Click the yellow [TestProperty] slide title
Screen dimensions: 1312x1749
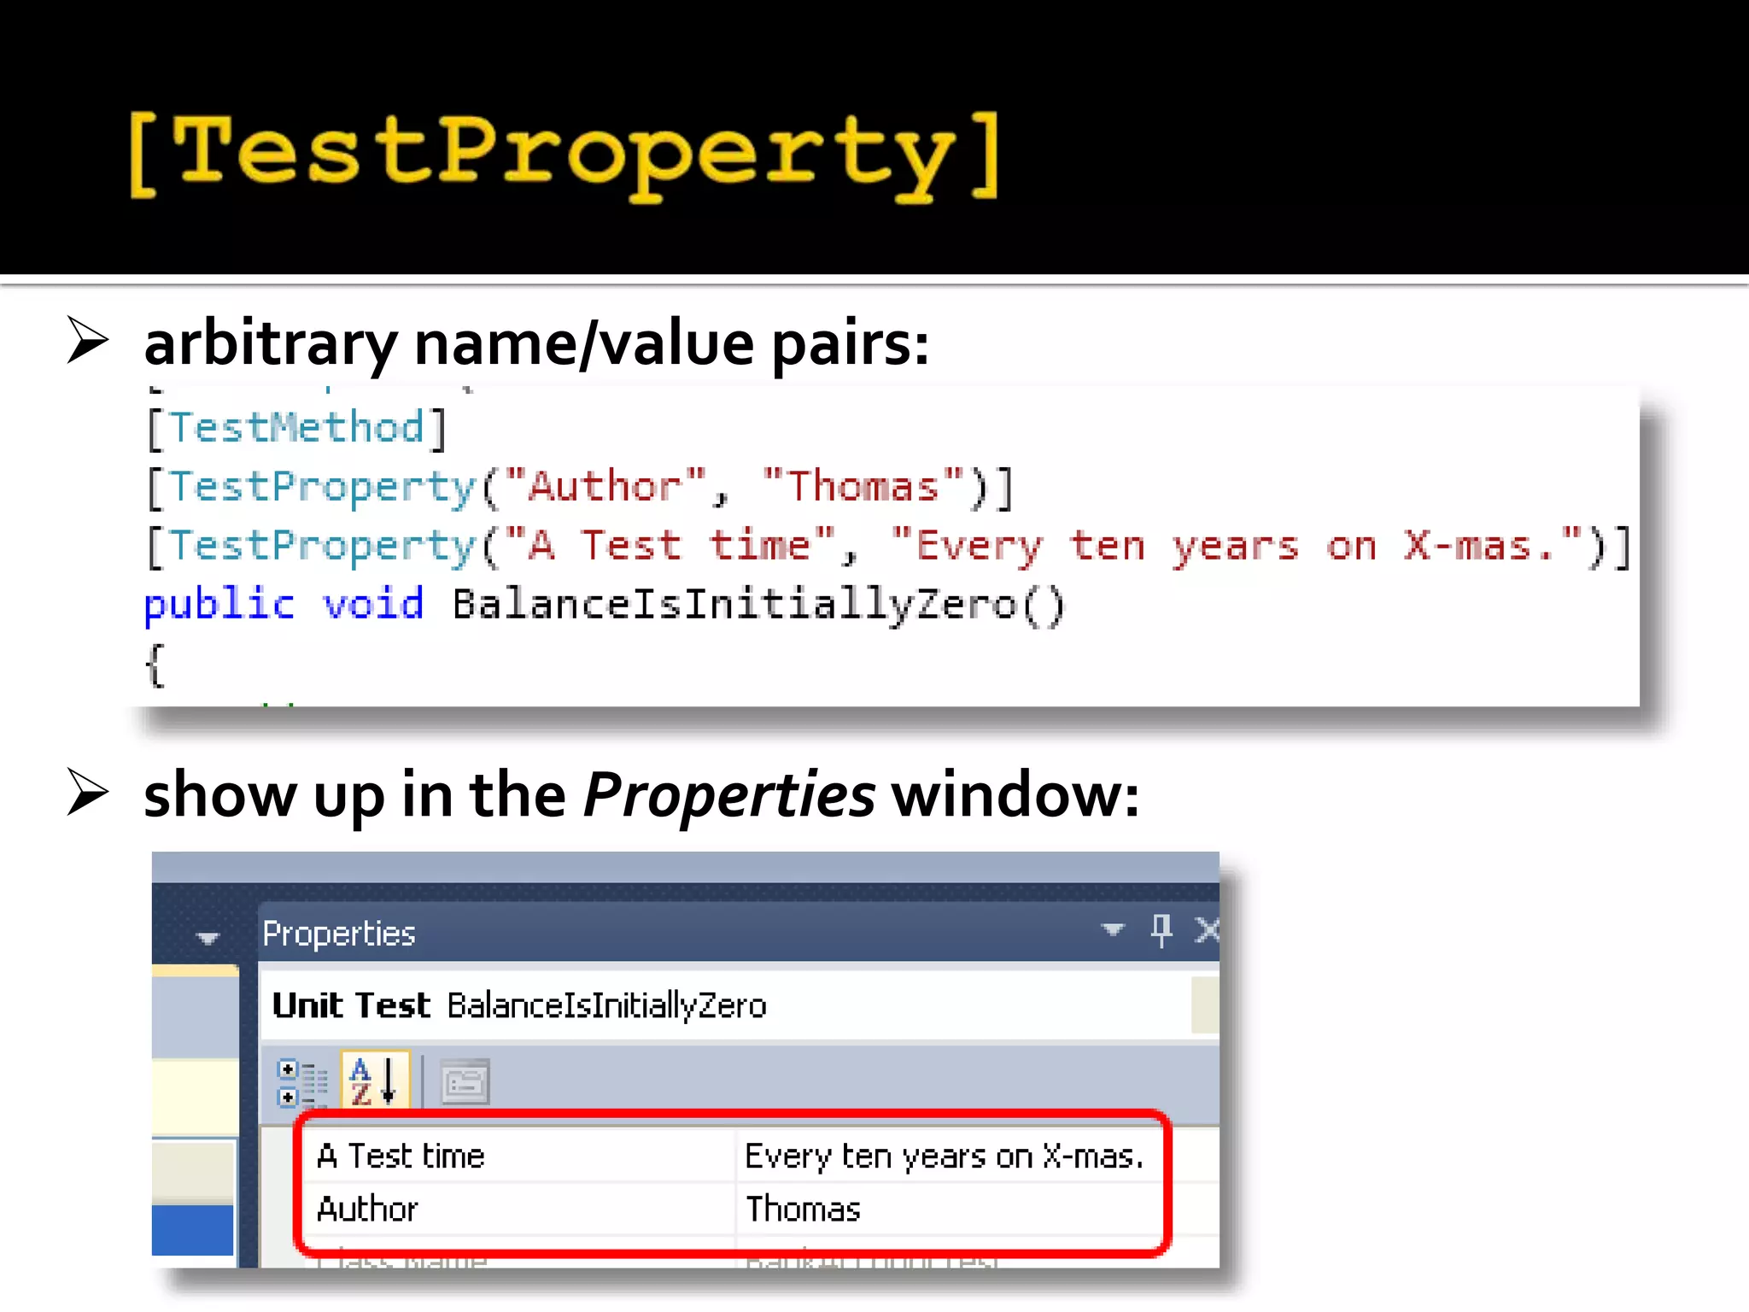pos(564,154)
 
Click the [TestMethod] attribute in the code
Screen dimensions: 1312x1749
pos(296,427)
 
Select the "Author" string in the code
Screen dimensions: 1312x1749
pos(605,486)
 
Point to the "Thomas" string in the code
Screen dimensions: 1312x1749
pos(863,486)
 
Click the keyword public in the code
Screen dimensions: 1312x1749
pos(219,605)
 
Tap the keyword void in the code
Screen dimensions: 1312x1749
pos(372,605)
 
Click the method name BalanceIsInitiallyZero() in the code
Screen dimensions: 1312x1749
pos(758,605)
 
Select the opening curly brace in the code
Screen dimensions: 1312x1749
pos(155,665)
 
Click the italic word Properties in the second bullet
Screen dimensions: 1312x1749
pos(728,794)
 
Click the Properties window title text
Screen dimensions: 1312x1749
pos(339,934)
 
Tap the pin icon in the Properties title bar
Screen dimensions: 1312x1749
pos(1161,930)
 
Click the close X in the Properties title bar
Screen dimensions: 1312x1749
pos(1207,930)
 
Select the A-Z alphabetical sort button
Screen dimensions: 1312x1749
pos(375,1081)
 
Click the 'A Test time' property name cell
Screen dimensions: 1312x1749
pos(401,1156)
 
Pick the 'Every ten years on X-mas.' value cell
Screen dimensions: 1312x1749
pos(944,1156)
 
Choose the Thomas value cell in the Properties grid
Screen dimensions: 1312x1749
pos(803,1209)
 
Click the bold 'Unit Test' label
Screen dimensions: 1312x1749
pos(351,1005)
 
